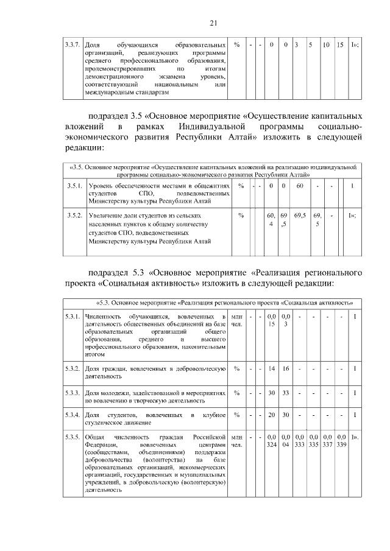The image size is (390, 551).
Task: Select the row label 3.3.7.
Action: point(73,46)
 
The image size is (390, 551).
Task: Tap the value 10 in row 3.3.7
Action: point(327,46)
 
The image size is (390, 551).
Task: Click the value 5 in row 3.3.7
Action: point(310,46)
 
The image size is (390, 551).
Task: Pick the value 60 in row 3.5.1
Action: point(300,185)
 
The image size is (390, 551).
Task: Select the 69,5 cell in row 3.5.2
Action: point(300,216)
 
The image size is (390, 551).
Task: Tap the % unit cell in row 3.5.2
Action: point(241,216)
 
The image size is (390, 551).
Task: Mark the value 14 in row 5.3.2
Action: point(272,369)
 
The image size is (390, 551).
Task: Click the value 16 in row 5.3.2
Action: point(285,369)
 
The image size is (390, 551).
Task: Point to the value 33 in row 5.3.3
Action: point(285,393)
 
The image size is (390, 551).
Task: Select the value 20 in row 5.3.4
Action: point(272,415)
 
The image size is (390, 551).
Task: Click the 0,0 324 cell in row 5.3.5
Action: point(272,441)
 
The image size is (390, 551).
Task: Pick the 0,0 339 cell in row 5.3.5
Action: point(341,441)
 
